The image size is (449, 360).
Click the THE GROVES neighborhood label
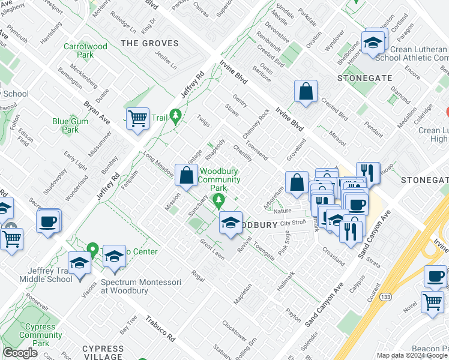coord(150,43)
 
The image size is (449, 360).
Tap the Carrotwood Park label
coord(86,50)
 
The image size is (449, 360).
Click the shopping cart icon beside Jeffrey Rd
coord(138,118)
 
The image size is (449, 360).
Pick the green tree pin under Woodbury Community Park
coord(220,199)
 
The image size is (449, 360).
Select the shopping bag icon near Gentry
coord(306,92)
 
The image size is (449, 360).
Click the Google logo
coord(20,353)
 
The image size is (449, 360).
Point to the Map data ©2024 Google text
coord(412,355)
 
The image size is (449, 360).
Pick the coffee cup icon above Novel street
coord(435,277)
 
